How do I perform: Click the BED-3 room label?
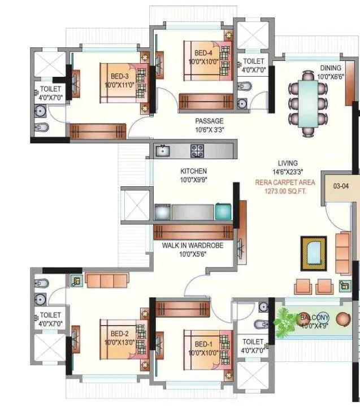coord(119,76)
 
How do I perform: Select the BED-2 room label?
coord(119,334)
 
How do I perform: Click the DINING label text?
coord(331,68)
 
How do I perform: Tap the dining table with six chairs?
coord(308,103)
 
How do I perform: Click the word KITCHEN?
coord(193,171)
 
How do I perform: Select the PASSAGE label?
coord(209,121)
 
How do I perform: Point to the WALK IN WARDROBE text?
coord(193,246)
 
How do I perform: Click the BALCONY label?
coord(314,317)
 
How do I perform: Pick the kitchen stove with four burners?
coord(197,151)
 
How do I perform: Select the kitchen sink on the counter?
coord(163,150)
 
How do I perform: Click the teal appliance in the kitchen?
coord(223,211)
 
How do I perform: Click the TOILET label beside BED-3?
coord(50,89)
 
